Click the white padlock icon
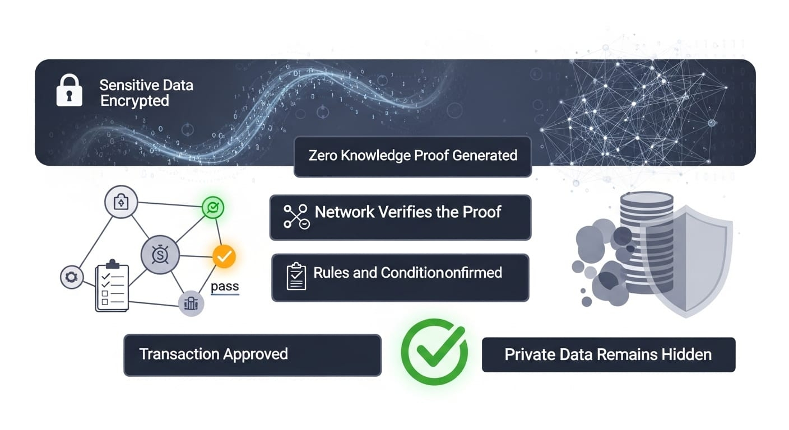(69, 92)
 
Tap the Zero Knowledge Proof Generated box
(412, 156)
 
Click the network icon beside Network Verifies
(296, 217)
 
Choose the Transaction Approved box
(252, 355)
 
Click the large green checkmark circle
(434, 352)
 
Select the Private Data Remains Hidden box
(608, 354)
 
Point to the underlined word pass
(225, 287)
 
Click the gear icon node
(72, 277)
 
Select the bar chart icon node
(191, 303)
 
